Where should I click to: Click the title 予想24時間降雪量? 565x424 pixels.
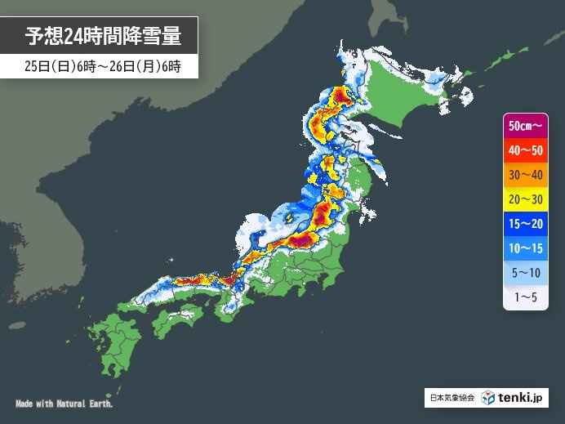click(x=102, y=36)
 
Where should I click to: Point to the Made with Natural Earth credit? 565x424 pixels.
click(x=64, y=404)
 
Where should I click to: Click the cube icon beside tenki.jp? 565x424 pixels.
click(x=487, y=398)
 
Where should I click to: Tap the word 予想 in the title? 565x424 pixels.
click(x=44, y=36)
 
